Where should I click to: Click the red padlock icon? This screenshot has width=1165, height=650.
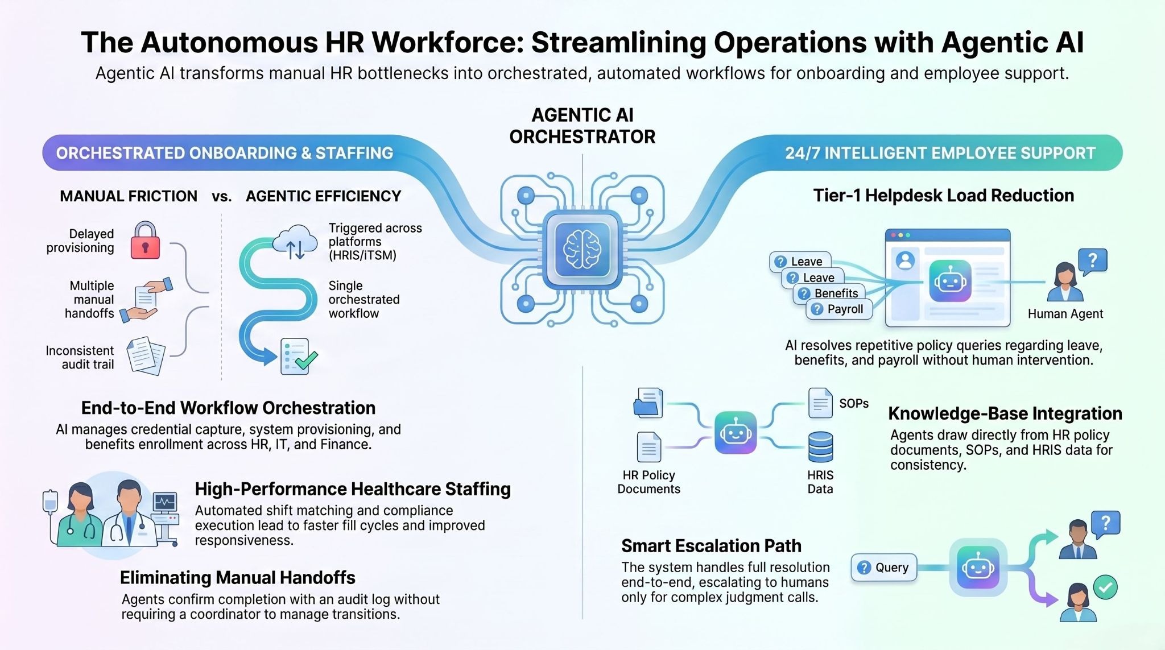point(145,241)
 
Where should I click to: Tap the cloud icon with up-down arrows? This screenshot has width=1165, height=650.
point(295,242)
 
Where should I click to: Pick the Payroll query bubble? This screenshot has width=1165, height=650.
point(839,309)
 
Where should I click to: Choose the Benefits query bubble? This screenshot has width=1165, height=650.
point(829,293)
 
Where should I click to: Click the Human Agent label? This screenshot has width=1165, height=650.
point(1065,314)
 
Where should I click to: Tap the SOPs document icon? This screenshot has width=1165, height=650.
point(820,403)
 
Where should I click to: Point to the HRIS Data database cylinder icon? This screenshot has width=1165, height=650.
point(820,447)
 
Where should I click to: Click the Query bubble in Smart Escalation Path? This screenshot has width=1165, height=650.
point(883,568)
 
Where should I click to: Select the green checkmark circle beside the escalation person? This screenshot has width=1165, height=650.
point(1105,587)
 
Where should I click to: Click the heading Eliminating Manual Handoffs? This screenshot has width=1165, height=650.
point(237,578)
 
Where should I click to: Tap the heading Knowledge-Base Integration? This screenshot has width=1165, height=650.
point(1005,413)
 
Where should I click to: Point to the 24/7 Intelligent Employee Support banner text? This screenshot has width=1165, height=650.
point(940,153)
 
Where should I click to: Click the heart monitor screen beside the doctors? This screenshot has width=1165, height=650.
point(165,502)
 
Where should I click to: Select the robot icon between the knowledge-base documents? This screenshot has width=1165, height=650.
point(735,433)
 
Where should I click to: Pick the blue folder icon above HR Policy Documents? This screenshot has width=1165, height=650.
point(648,403)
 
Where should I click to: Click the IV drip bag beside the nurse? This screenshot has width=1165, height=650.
point(51,501)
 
